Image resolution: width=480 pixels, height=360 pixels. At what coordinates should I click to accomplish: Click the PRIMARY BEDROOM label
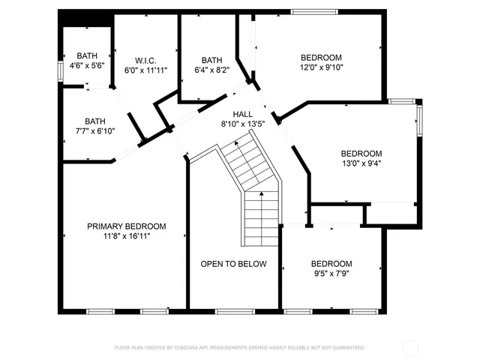coord(126,226)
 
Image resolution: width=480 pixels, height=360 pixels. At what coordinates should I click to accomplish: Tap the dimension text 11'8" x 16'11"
coord(126,236)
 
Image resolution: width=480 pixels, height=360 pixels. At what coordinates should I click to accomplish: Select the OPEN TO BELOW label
coord(234,264)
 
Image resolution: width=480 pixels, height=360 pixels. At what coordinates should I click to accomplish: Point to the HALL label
coord(243,114)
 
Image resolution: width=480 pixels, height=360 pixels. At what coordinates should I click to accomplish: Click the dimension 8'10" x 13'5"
coord(243,124)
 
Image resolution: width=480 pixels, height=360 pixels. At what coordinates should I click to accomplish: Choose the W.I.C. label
coord(145,61)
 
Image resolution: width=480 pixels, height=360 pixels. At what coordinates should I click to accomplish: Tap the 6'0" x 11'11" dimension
coord(145,70)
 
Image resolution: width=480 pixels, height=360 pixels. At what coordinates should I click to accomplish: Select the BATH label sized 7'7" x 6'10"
coord(95,121)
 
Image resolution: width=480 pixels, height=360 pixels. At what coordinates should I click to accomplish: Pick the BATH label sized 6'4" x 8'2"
coord(212,61)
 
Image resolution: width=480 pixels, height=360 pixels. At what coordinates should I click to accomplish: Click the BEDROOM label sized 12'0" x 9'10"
coord(321,58)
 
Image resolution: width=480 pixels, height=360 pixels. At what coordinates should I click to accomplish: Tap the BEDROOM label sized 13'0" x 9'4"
coord(361,153)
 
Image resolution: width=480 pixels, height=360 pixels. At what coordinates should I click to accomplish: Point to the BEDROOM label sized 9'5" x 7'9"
coord(331,264)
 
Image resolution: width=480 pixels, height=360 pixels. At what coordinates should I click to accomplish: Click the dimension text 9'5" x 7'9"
coord(331,274)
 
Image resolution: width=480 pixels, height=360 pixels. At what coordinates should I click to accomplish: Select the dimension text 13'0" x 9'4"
coord(361,163)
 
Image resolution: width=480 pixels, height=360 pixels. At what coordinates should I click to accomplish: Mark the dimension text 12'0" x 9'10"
coord(321,67)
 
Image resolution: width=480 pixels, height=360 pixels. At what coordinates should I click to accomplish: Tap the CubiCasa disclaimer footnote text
coord(240,348)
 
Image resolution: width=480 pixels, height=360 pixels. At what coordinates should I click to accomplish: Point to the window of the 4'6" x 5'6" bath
coord(60,68)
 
